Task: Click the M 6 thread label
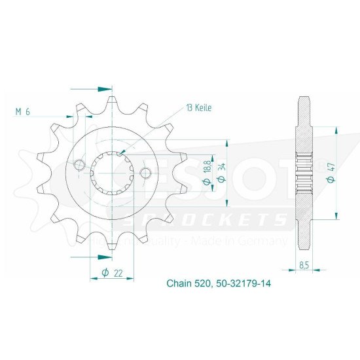(22, 112)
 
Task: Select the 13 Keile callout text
(199, 107)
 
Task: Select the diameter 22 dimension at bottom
(112, 273)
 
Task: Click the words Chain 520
(186, 285)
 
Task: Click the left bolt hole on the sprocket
(80, 164)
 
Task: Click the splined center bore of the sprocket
(113, 169)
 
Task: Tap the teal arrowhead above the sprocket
(103, 88)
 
